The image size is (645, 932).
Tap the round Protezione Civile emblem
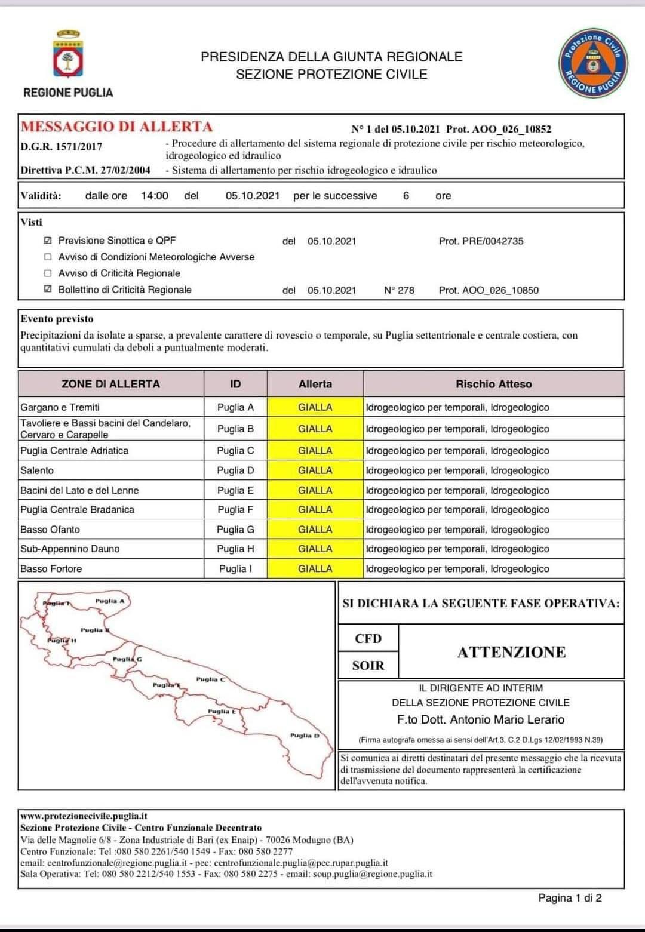point(592,62)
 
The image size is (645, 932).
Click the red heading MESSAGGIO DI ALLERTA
point(116,127)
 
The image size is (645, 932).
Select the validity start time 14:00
point(155,196)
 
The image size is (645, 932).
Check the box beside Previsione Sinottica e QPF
point(48,241)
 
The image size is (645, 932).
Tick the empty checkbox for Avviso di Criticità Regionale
point(48,273)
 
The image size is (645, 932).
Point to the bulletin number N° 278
point(399,290)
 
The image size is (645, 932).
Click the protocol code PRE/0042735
point(481,241)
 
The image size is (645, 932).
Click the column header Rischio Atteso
point(493,384)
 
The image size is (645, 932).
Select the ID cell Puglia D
point(235,470)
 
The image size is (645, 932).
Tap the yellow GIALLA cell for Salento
point(315,470)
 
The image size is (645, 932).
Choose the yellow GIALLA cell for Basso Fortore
point(315,569)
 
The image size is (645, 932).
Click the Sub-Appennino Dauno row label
point(70,549)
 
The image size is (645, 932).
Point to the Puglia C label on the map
point(210,679)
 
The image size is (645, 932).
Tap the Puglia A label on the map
point(110,601)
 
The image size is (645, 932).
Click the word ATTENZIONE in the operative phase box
point(511,652)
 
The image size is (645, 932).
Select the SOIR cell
point(368,666)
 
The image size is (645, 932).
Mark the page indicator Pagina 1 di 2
point(570,897)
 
